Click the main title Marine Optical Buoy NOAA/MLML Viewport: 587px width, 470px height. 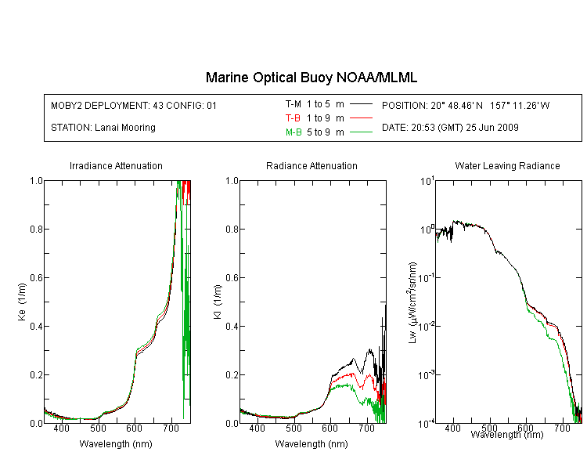[312, 78]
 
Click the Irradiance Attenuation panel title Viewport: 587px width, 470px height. [116, 165]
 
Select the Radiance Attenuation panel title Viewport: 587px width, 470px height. [312, 165]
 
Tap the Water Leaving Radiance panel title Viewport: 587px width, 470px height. [507, 165]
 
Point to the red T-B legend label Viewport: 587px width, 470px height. [293, 118]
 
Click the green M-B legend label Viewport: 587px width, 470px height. [293, 132]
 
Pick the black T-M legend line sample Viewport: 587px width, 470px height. [361, 104]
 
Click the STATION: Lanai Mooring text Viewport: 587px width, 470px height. [103, 128]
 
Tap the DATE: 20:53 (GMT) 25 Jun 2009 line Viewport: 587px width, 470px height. [450, 128]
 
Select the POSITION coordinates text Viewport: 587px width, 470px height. [466, 105]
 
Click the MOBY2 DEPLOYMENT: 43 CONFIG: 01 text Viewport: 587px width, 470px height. [134, 105]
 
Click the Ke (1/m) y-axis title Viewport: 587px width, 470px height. [22, 302]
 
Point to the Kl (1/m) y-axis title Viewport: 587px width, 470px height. [218, 302]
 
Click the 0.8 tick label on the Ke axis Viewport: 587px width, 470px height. [36, 229]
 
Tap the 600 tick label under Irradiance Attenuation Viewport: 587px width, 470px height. [134, 428]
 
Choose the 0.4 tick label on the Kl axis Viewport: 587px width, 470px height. [232, 326]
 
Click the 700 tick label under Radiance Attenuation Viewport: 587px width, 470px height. [367, 428]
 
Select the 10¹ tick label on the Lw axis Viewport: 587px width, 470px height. [427, 182]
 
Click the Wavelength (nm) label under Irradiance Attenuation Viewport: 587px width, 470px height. [116, 444]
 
